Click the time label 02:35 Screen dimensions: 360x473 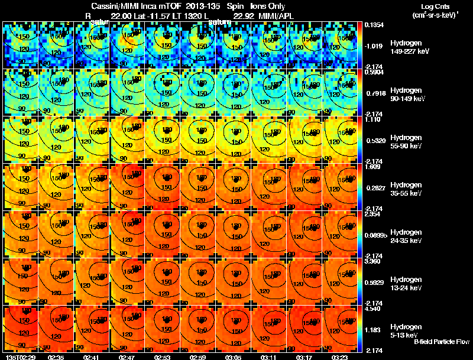click(56, 356)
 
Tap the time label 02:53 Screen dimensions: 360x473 click(163, 356)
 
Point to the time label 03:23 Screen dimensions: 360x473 click(341, 356)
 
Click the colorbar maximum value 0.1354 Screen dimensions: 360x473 click(374, 25)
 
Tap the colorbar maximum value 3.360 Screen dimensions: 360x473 click(374, 261)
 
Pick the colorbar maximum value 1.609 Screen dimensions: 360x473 click(374, 167)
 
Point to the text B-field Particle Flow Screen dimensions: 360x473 click(441, 341)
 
